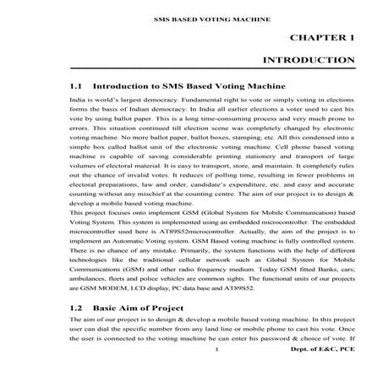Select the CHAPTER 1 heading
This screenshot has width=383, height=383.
pos(321,38)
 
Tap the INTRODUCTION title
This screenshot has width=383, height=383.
pos(309,61)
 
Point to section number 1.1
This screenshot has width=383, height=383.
pos(76,86)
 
